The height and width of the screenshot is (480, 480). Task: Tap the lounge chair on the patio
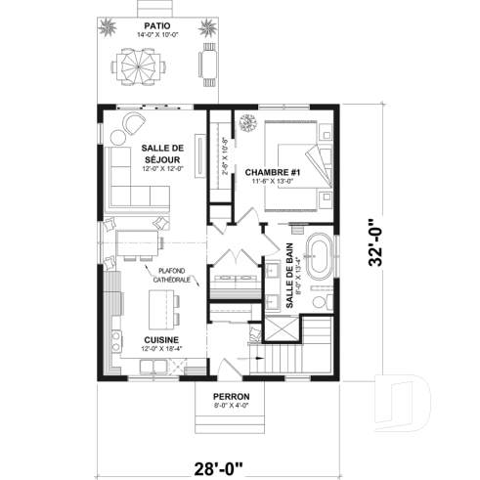click(206, 65)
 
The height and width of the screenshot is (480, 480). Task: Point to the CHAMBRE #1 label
click(273, 174)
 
